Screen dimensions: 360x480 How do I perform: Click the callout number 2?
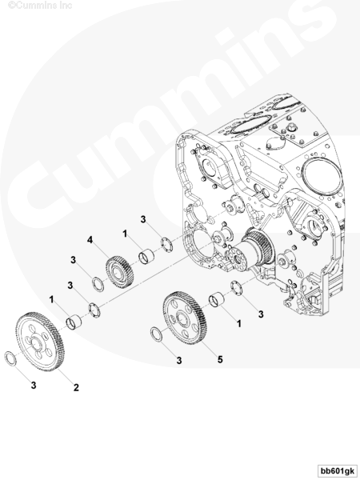(76, 387)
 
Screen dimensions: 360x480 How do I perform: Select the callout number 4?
(90, 240)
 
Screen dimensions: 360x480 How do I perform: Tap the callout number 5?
(220, 359)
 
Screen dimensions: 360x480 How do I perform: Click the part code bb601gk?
(338, 470)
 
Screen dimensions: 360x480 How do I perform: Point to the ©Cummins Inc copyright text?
(40, 6)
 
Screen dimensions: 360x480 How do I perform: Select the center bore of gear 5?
(183, 319)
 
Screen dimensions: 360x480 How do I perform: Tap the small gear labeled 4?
(120, 272)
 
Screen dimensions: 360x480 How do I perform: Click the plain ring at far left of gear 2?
(10, 358)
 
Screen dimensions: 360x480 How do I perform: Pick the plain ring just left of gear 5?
(157, 334)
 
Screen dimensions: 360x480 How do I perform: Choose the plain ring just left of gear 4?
(98, 284)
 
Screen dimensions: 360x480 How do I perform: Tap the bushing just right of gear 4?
(146, 256)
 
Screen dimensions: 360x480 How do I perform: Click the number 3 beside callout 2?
(34, 385)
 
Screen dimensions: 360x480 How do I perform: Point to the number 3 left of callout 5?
(178, 361)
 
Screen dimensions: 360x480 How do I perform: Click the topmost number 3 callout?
(143, 219)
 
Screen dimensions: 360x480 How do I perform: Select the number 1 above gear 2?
(51, 299)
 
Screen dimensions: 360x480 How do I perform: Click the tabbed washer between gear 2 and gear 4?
(94, 310)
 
